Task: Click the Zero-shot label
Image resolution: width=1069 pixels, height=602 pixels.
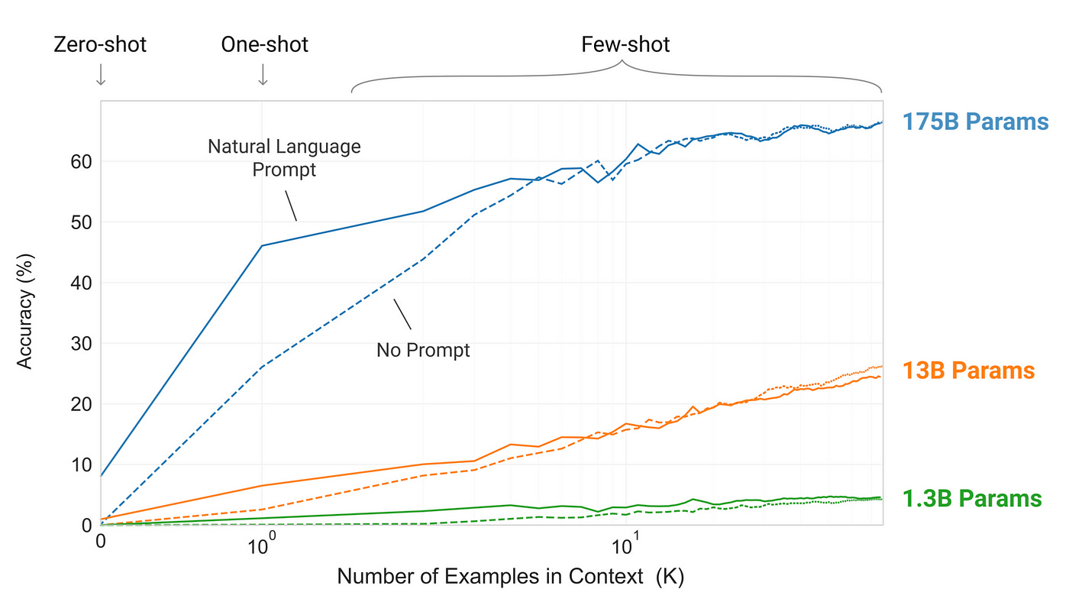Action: tap(99, 45)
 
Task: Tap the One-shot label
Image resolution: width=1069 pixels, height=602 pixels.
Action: tap(264, 45)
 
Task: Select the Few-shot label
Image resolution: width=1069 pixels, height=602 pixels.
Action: tap(625, 45)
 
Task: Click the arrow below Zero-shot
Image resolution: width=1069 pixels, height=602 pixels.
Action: tap(100, 74)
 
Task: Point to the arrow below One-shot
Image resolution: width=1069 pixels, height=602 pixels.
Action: tap(263, 74)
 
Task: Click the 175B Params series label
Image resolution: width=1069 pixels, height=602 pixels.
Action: tap(975, 121)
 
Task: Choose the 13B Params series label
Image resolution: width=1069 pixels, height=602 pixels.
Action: tap(969, 371)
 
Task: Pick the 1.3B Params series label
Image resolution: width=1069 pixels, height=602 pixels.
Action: tap(972, 499)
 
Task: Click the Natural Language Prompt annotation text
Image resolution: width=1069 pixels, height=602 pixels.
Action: tap(284, 157)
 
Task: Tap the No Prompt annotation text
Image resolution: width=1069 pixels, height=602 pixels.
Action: tap(423, 351)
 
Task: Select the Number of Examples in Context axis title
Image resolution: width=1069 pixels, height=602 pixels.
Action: tap(510, 577)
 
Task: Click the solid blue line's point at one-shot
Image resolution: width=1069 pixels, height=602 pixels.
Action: tap(262, 245)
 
